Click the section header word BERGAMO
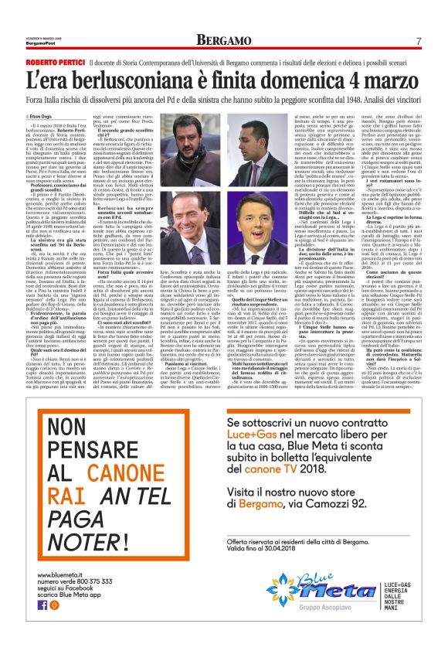[x=223, y=40]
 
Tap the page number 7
[x=418, y=40]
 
